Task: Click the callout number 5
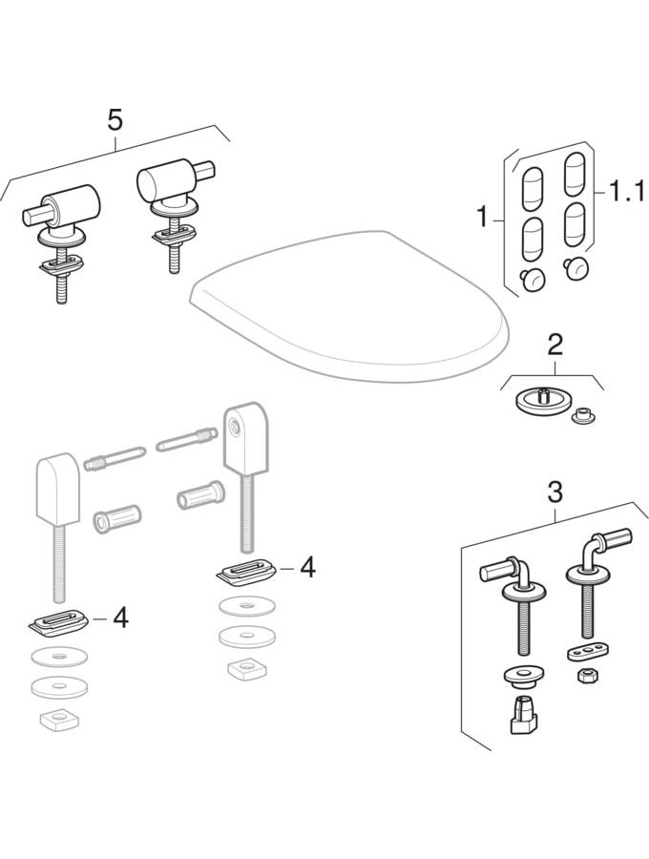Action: click(115, 120)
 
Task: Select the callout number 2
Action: click(554, 345)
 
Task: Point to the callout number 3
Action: click(555, 492)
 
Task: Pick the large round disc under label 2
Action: click(542, 401)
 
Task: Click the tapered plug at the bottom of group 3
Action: click(520, 714)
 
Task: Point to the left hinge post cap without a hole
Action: click(56, 489)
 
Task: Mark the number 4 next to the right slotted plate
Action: click(306, 568)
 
